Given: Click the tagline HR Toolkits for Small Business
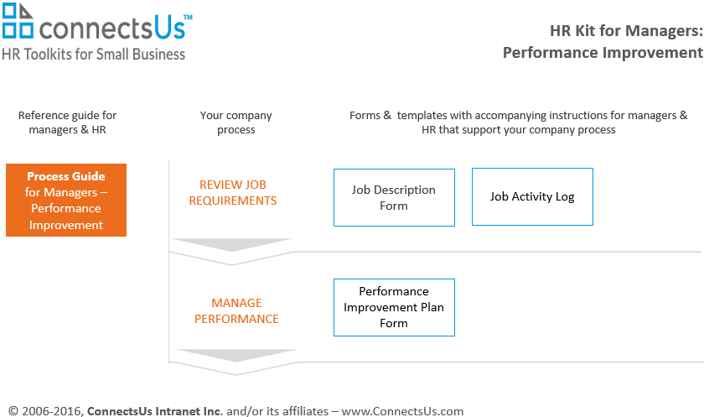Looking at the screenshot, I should click(x=94, y=54).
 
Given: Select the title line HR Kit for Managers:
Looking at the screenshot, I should click(x=625, y=32).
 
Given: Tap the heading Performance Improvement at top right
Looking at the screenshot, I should click(x=603, y=53).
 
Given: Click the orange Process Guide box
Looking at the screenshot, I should click(x=66, y=201).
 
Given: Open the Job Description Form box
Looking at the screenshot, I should click(x=394, y=198).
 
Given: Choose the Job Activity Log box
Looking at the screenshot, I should click(x=532, y=197).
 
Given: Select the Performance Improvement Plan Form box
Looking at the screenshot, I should click(x=394, y=307).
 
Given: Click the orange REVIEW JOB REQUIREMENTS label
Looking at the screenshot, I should click(x=233, y=193).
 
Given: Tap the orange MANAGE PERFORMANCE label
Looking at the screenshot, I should click(x=236, y=311).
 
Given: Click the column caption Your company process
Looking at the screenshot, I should click(x=236, y=122).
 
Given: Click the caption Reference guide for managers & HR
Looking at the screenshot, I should click(x=68, y=122).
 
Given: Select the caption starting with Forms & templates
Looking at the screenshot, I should click(x=518, y=122).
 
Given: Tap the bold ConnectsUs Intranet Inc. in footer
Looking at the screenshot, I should click(x=155, y=411).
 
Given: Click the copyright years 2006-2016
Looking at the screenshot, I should click(x=50, y=411).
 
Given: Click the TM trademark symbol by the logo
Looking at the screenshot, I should click(x=187, y=17).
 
